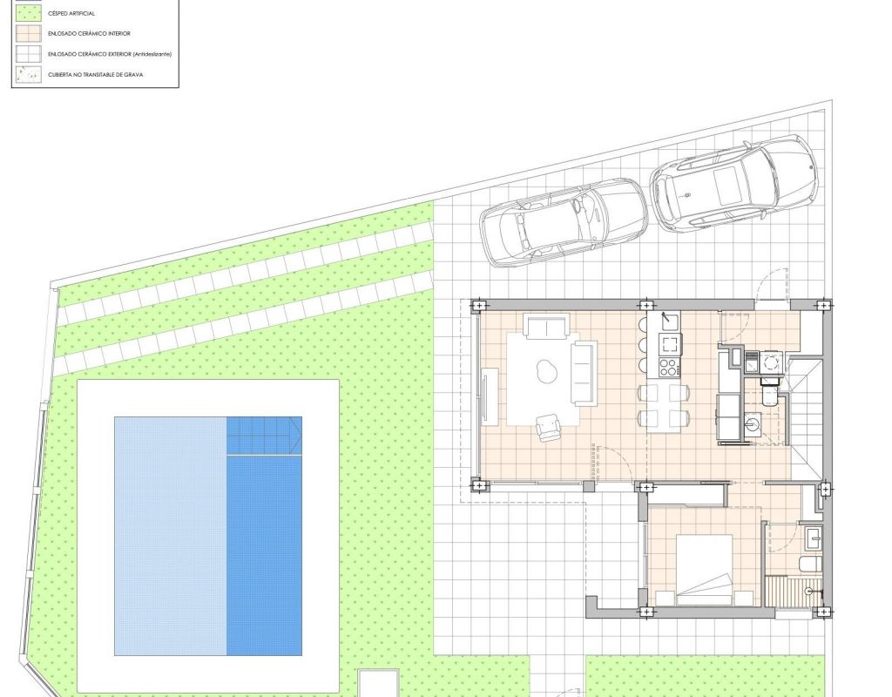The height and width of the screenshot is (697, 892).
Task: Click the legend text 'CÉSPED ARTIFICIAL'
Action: point(71,13)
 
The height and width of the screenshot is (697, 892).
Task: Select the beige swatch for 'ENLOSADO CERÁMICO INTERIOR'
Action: point(29,34)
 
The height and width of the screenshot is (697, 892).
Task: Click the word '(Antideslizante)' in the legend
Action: point(152,54)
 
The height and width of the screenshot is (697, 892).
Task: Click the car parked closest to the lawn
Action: point(564,223)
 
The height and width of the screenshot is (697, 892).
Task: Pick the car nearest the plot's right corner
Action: point(733,183)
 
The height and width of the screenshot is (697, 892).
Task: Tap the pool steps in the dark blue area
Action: point(264,436)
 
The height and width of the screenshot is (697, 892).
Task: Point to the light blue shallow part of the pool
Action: point(171,536)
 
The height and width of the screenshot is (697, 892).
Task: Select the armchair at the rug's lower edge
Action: point(549,427)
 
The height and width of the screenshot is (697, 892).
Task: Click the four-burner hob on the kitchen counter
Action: point(670,367)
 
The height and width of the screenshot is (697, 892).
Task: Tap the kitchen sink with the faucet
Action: point(670,321)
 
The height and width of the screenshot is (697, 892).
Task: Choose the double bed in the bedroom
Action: point(704,570)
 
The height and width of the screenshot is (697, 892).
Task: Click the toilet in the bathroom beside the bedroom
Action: point(809,565)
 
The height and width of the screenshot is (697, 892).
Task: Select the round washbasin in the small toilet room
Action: point(753,423)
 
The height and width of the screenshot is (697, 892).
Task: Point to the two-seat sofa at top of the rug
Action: point(547,326)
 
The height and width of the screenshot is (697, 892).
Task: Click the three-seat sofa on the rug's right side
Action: point(585,373)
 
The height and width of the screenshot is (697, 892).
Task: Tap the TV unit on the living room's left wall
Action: point(490,396)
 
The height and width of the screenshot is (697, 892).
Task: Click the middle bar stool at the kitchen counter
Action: point(644,345)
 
